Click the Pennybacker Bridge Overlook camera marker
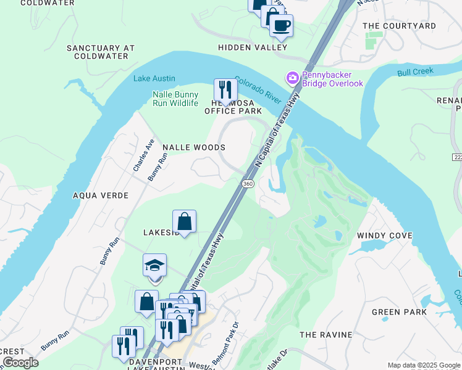[x=292, y=78]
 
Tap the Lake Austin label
[x=154, y=78]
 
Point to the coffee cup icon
[x=281, y=25]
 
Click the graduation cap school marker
[x=154, y=266]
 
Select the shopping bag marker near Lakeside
[x=184, y=221]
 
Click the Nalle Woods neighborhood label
[x=193, y=147]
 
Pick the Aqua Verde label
[x=101, y=195]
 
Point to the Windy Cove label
[x=385, y=236]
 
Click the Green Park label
[x=399, y=312]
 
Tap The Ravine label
[x=325, y=334]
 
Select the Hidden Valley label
[x=253, y=47]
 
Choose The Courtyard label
[x=399, y=26]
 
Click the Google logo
[x=20, y=363]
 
